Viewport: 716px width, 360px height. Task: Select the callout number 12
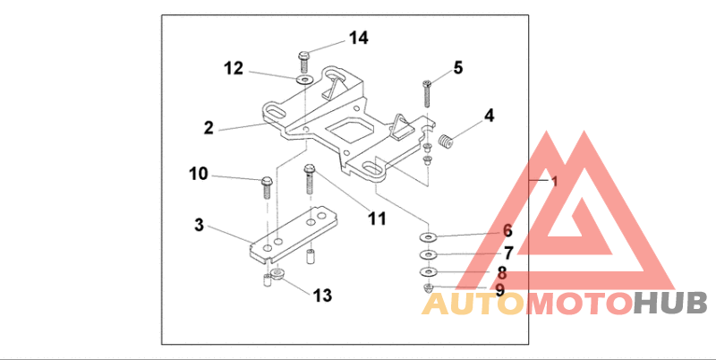coord(234,67)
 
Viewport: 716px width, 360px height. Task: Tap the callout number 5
coord(457,67)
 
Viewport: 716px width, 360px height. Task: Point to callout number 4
coord(489,116)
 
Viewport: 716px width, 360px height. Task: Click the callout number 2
coord(208,127)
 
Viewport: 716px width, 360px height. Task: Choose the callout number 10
coord(198,172)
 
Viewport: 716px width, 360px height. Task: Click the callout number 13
coord(321,295)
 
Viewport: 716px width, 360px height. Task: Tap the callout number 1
coord(554,181)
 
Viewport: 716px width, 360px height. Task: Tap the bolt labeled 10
coord(266,185)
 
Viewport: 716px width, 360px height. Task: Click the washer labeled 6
coord(429,237)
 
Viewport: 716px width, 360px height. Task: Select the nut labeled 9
coord(428,287)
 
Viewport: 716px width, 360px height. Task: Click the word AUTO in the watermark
coord(473,304)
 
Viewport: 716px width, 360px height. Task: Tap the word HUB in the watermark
coord(669,304)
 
